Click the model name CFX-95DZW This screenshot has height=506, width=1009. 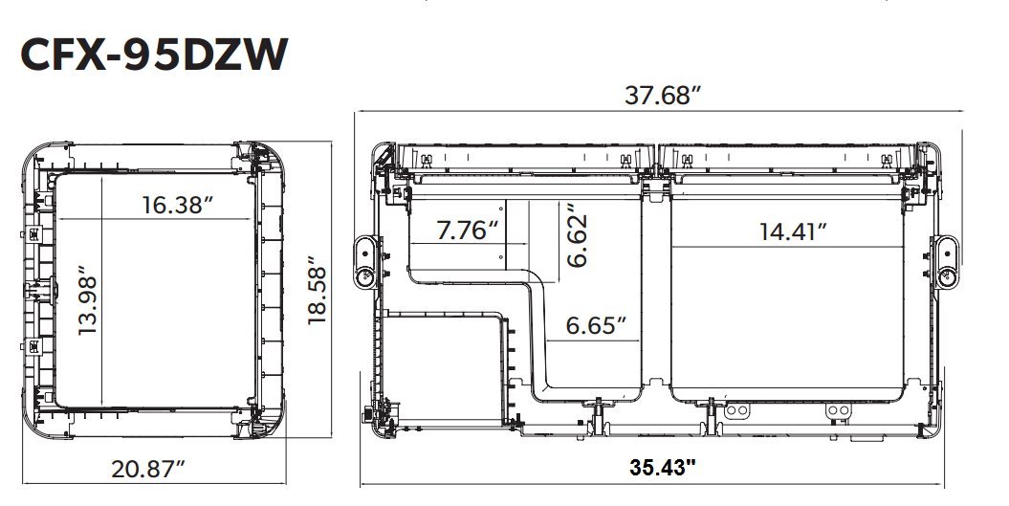coord(152,55)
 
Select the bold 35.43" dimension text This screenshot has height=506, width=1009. coord(663,468)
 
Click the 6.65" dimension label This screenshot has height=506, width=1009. coord(596,324)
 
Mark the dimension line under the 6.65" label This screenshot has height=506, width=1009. coord(593,341)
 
